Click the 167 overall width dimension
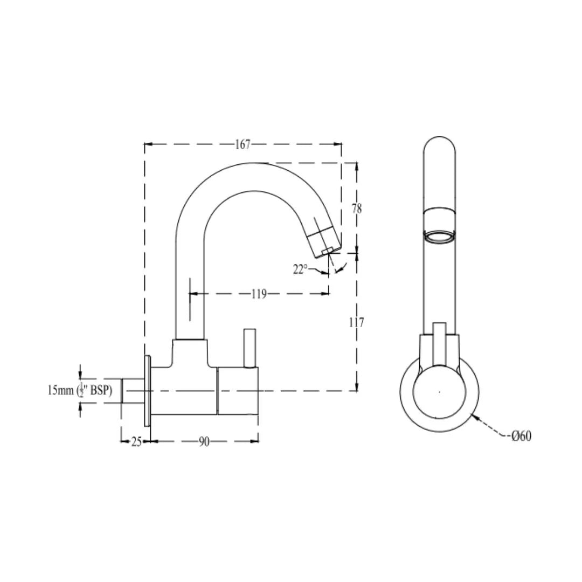tap(243, 144)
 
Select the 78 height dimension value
tap(357, 209)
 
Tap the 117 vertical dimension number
tap(356, 322)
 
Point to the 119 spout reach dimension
tap(259, 294)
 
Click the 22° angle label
tap(300, 269)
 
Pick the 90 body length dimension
tap(204, 441)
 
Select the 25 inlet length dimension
tap(136, 441)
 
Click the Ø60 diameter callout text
tap(521, 436)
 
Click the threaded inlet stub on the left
tap(131, 390)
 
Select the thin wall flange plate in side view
tap(147, 390)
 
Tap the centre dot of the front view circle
tap(439, 392)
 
